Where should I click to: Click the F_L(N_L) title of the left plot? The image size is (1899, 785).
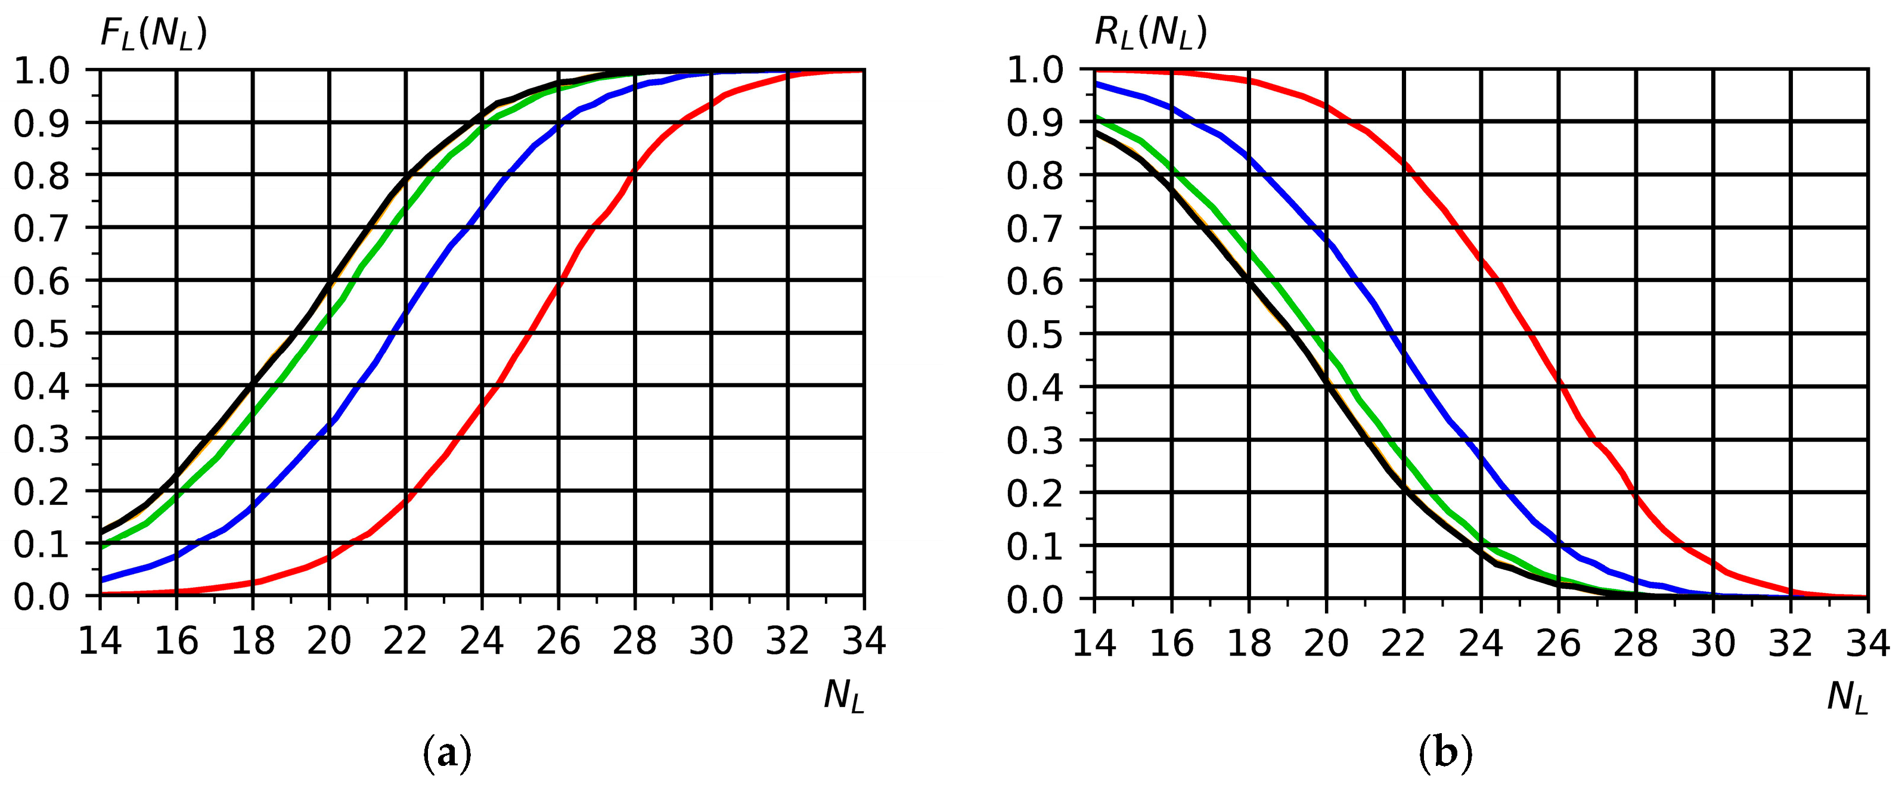pyautogui.click(x=153, y=34)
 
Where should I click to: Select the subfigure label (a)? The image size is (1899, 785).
pyautogui.click(x=448, y=754)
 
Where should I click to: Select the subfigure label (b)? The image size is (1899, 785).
pyautogui.click(x=1445, y=754)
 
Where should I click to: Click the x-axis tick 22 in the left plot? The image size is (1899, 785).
pyautogui.click(x=405, y=641)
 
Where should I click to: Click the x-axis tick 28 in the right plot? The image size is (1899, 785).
pyautogui.click(x=1635, y=643)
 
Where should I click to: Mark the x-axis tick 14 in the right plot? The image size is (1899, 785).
pyautogui.click(x=1094, y=643)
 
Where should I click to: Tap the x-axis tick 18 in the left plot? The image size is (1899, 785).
pyautogui.click(x=253, y=641)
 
